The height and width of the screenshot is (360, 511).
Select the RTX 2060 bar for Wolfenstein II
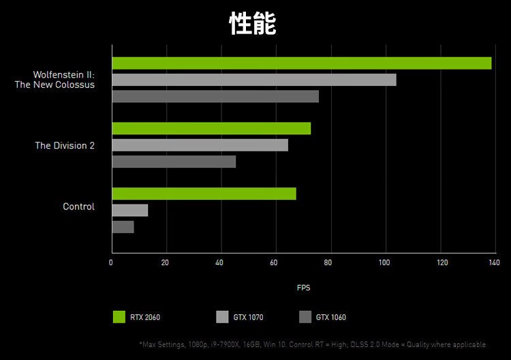point(301,63)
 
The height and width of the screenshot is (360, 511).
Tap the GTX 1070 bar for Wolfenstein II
point(253,80)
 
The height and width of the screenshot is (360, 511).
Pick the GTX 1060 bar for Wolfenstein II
point(215,97)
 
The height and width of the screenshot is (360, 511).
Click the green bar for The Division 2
point(211,128)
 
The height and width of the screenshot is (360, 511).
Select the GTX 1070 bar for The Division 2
point(200,145)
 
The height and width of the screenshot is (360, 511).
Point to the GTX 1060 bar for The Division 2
point(174,162)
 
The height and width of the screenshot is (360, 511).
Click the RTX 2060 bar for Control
point(204,194)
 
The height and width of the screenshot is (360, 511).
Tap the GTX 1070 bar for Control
point(129,210)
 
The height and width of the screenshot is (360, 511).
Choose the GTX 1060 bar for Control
point(123,227)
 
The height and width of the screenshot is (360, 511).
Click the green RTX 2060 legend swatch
point(119,317)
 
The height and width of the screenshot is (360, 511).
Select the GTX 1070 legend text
point(248,318)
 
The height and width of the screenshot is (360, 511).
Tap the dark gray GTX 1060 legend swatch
point(305,317)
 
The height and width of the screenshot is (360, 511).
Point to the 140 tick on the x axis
point(493,263)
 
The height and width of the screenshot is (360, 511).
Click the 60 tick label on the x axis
point(274,263)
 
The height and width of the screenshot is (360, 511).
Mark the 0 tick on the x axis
point(111,263)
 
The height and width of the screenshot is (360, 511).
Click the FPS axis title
point(303,288)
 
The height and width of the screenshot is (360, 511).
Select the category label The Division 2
point(65,146)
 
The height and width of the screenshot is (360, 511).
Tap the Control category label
point(78,207)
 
